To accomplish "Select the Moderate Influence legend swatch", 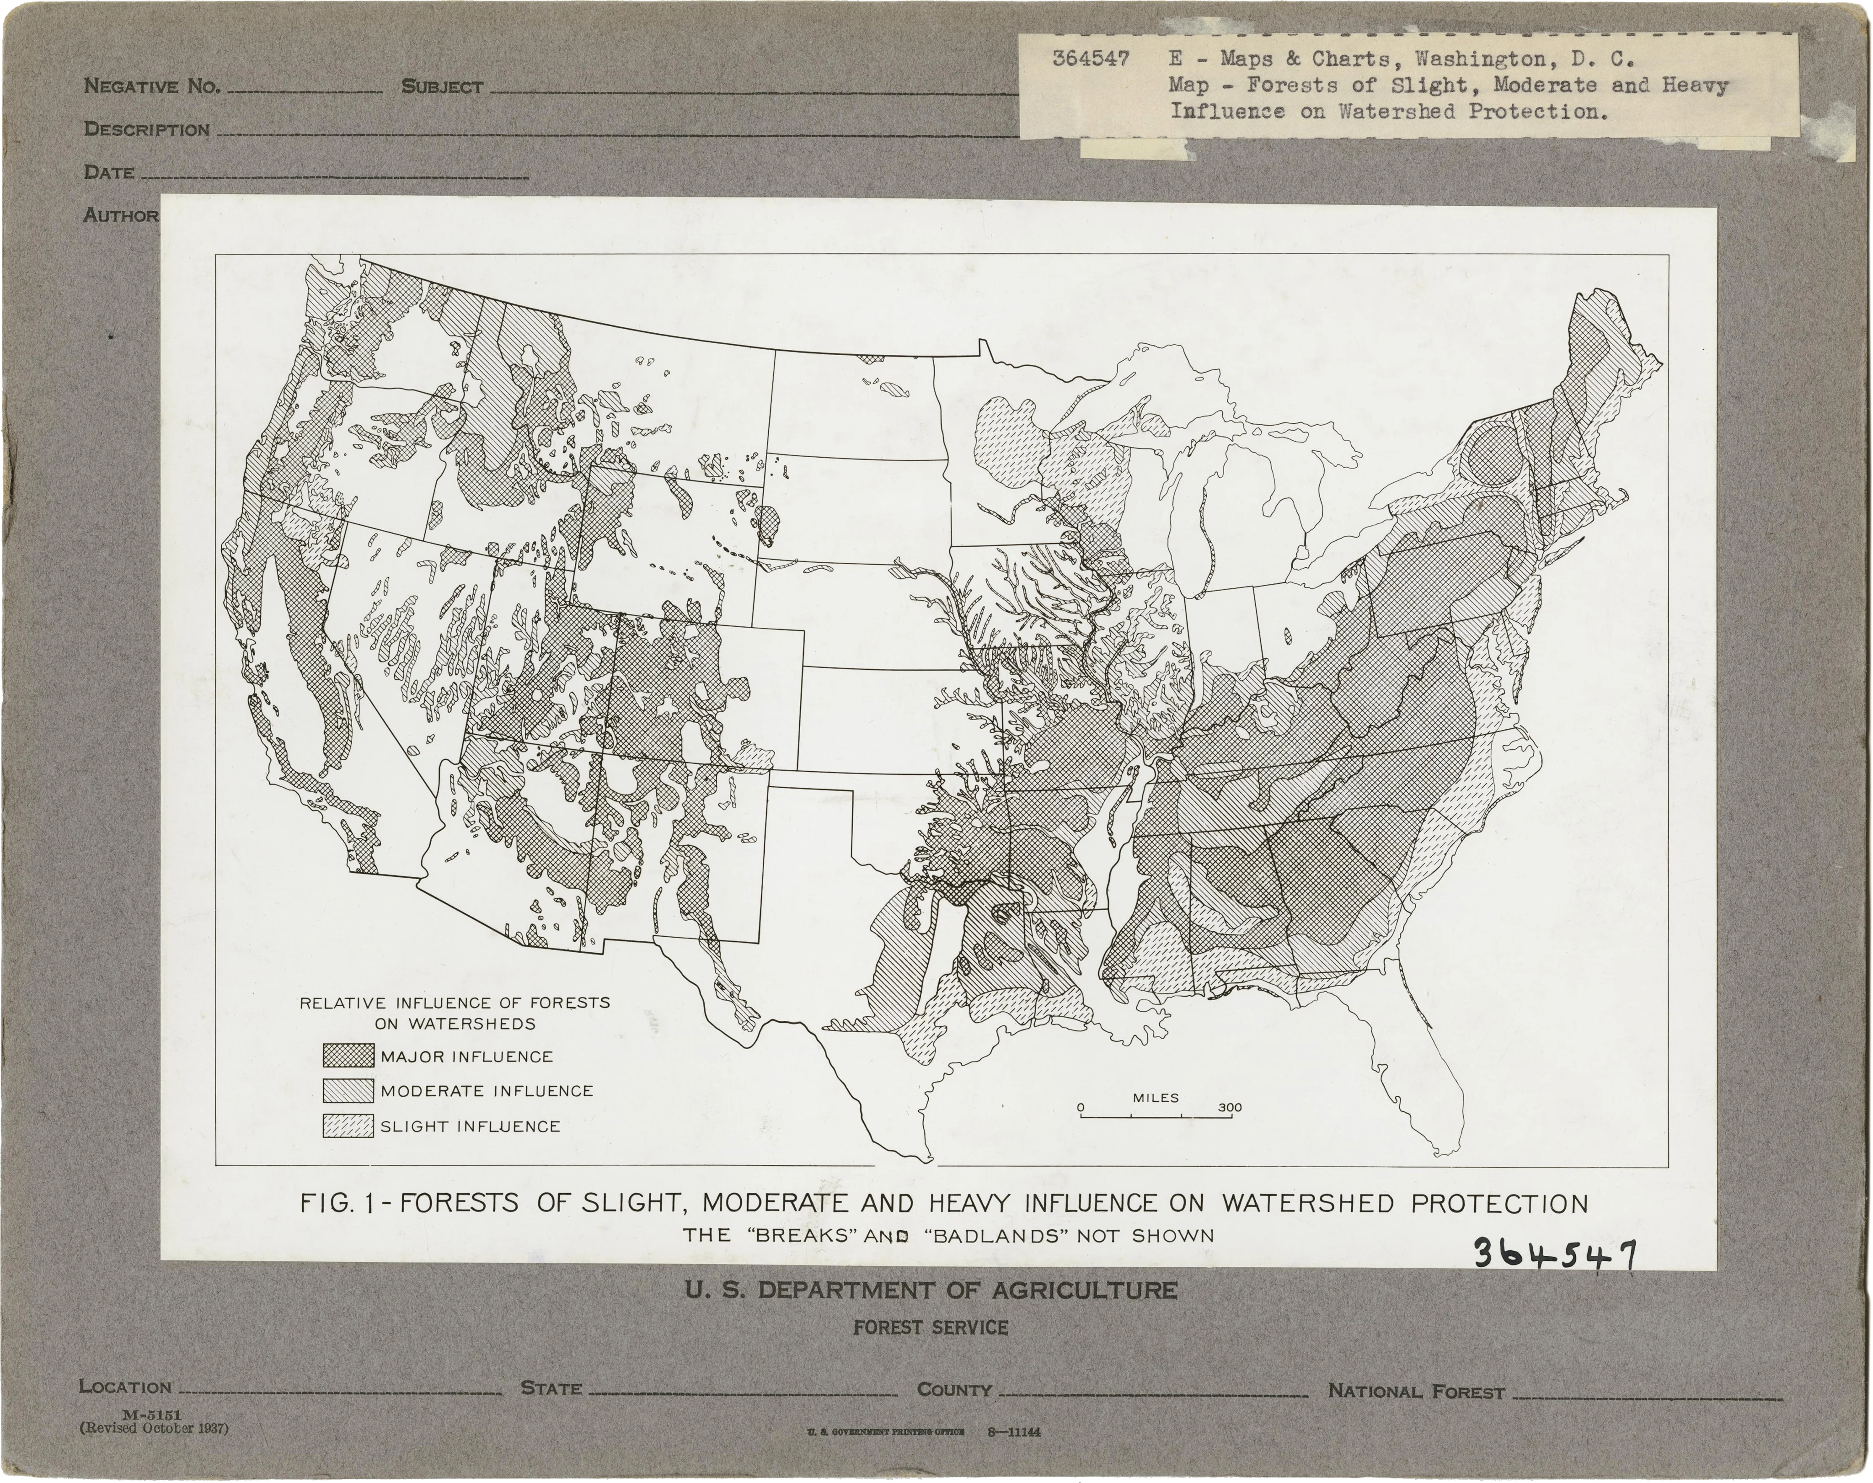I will (x=348, y=1091).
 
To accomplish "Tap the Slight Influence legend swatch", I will (x=348, y=1126).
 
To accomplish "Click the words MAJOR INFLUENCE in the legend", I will (x=466, y=1056).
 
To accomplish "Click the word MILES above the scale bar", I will (x=1156, y=1098).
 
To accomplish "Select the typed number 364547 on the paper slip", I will (x=1091, y=59).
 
